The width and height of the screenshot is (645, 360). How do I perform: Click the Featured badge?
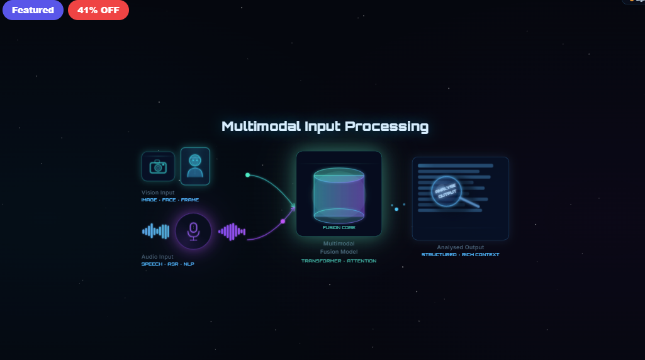[33, 10]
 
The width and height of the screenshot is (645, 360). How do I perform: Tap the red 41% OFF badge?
[98, 10]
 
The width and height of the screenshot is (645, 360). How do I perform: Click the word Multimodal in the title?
[261, 127]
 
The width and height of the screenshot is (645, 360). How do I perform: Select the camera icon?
[158, 167]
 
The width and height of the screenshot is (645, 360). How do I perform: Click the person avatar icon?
[195, 166]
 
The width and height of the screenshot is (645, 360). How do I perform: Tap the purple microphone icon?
[193, 232]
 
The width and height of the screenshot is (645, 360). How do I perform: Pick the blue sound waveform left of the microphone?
[156, 232]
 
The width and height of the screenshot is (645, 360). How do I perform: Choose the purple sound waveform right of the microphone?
[232, 232]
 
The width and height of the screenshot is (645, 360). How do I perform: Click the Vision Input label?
[158, 193]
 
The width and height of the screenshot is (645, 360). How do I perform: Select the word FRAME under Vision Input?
[190, 200]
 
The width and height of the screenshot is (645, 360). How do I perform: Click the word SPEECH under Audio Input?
[152, 264]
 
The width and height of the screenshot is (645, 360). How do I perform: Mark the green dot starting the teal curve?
[247, 175]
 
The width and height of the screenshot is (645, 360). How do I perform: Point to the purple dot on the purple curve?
[283, 222]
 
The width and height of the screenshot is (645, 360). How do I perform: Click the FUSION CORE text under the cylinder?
[339, 228]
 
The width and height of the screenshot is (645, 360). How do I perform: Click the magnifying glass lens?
[446, 192]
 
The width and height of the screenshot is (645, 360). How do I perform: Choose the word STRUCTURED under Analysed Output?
[439, 255]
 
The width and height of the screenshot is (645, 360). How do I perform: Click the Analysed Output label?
[461, 247]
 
